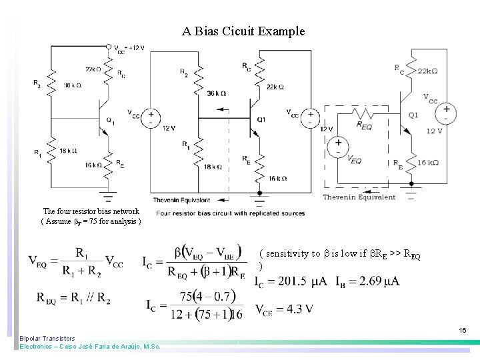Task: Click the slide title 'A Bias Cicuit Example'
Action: (x=243, y=31)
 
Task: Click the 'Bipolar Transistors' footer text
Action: (x=47, y=339)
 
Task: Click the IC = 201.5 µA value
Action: (x=291, y=281)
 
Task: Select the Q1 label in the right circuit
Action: (x=414, y=115)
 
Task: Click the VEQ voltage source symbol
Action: (x=339, y=145)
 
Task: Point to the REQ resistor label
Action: (x=365, y=124)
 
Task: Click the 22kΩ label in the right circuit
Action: (x=428, y=71)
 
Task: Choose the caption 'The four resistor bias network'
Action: (x=91, y=211)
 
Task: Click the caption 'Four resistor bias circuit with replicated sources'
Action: (x=231, y=213)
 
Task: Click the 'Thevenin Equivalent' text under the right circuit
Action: (x=359, y=197)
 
